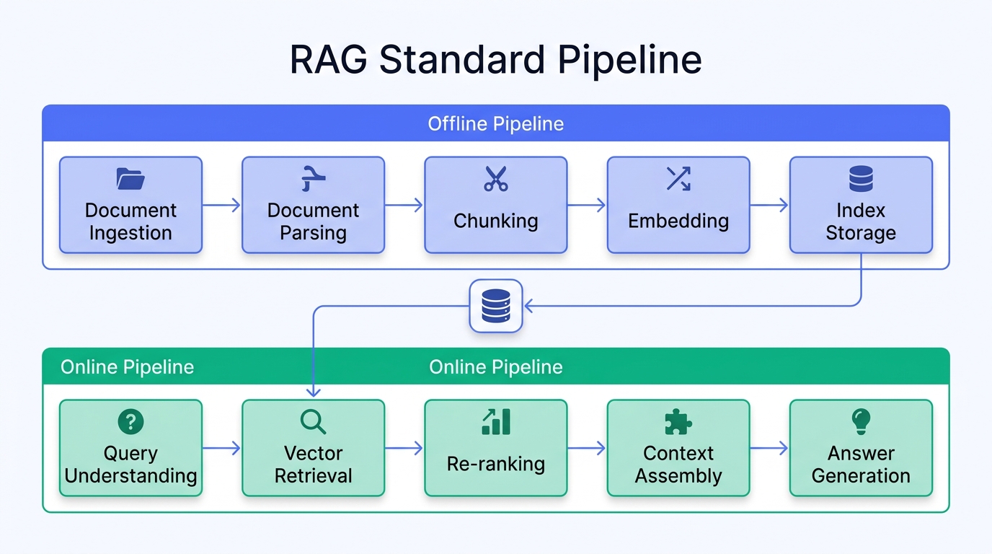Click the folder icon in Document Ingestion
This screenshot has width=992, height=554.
pos(130,179)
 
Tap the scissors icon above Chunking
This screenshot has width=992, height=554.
pos(495,179)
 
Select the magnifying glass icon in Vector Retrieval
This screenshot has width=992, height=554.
pos(313,422)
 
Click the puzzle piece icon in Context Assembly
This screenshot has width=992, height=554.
pos(678,422)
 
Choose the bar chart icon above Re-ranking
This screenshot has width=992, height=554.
pos(495,422)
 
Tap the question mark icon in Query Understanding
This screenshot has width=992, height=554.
pos(130,422)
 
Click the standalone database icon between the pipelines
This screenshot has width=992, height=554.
pos(495,306)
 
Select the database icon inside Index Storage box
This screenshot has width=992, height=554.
pos(861,178)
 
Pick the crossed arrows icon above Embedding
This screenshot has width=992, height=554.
pos(678,178)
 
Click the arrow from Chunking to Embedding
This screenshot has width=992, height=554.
pos(587,206)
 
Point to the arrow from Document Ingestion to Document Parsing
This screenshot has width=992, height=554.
pos(221,206)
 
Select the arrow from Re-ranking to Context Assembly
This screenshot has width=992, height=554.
pos(587,449)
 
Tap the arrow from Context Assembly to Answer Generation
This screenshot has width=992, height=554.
pos(769,449)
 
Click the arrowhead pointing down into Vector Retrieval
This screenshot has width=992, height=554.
pos(313,392)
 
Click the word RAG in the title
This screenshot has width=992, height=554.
pos(329,60)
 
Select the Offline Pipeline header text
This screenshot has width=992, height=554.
pos(495,123)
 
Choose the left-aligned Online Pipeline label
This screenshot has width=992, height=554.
pos(127,367)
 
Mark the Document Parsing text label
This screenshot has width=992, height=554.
pos(313,221)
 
